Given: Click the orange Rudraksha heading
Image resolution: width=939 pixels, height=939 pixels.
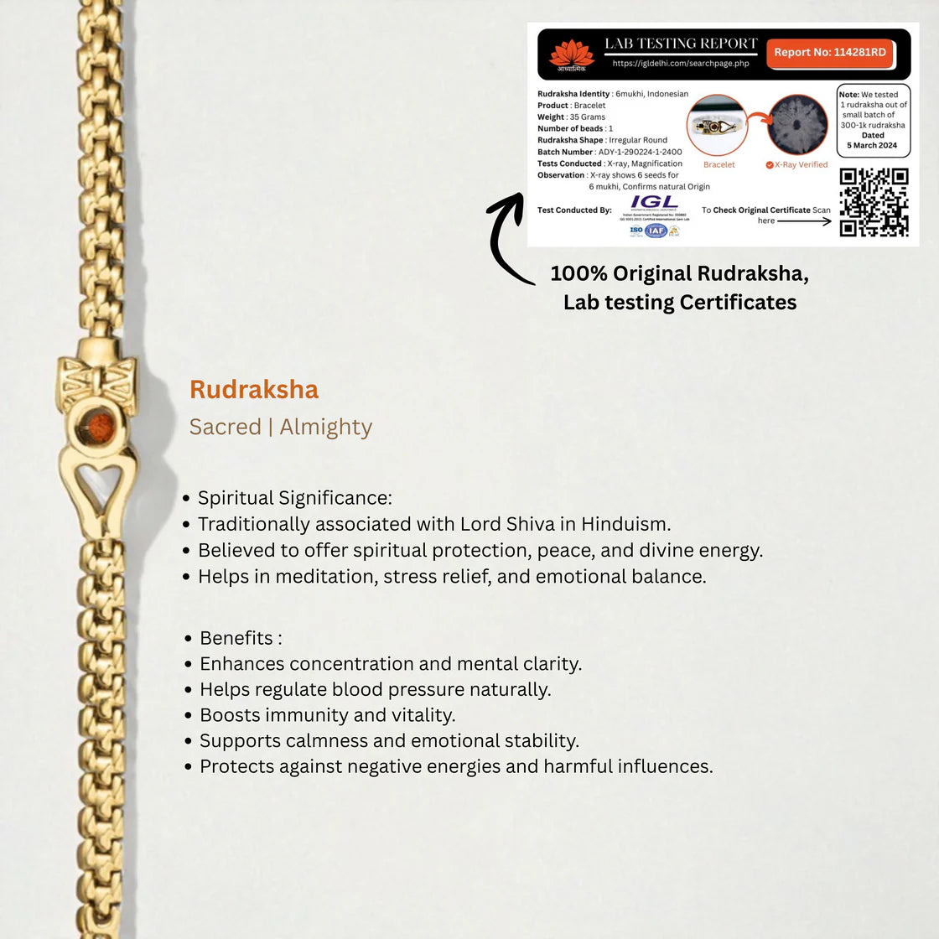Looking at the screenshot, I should coord(254,390).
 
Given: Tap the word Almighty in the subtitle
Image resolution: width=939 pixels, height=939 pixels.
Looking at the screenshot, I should coord(325,428).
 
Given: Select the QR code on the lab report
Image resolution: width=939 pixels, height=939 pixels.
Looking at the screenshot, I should coord(874,202).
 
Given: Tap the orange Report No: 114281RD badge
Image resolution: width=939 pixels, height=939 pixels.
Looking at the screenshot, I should coord(829,53).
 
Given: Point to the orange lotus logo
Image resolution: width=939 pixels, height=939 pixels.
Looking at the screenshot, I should coord(571,53).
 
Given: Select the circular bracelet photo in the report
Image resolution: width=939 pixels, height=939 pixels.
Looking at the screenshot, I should coord(718,126).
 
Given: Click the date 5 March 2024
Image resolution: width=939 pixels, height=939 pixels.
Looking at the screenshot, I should coord(872,146).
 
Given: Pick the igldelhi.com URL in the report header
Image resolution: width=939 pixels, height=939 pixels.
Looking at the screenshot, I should coord(680,64).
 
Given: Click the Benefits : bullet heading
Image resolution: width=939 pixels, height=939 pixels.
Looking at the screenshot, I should coord(241,638).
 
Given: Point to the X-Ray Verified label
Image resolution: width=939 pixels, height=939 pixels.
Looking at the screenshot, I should coord(800,165).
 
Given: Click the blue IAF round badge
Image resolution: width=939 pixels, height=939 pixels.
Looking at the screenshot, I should coord(656,231).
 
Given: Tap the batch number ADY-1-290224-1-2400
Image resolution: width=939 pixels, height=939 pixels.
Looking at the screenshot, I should coord(640,153).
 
